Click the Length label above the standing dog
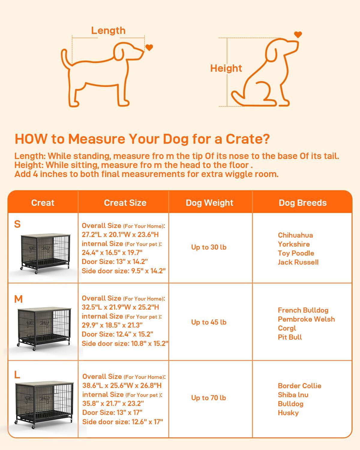[x=108, y=31]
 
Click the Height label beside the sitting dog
[x=226, y=68]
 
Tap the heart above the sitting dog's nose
[x=298, y=34]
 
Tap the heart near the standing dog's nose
[x=149, y=47]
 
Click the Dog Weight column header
[x=209, y=203]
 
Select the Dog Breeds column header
[x=302, y=203]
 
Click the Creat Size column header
[x=125, y=203]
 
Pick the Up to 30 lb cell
[x=209, y=247]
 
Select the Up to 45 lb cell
[x=209, y=322]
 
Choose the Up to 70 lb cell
[x=209, y=398]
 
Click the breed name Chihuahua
[x=295, y=235]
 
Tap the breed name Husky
[x=288, y=413]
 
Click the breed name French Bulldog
[x=303, y=310]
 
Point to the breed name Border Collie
[x=299, y=386]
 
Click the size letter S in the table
[x=17, y=224]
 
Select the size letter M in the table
[x=18, y=299]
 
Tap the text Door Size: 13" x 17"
[x=112, y=412]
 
